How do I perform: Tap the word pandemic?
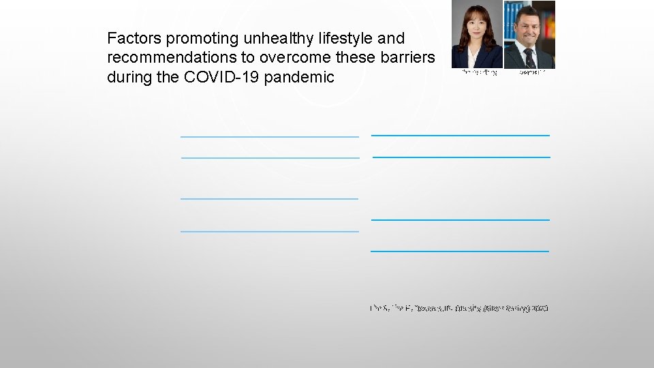point(300,77)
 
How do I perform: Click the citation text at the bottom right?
point(459,309)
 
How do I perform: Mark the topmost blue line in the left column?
point(269,136)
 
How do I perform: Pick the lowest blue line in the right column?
point(460,251)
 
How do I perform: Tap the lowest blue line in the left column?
point(269,232)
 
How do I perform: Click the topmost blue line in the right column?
point(460,135)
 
